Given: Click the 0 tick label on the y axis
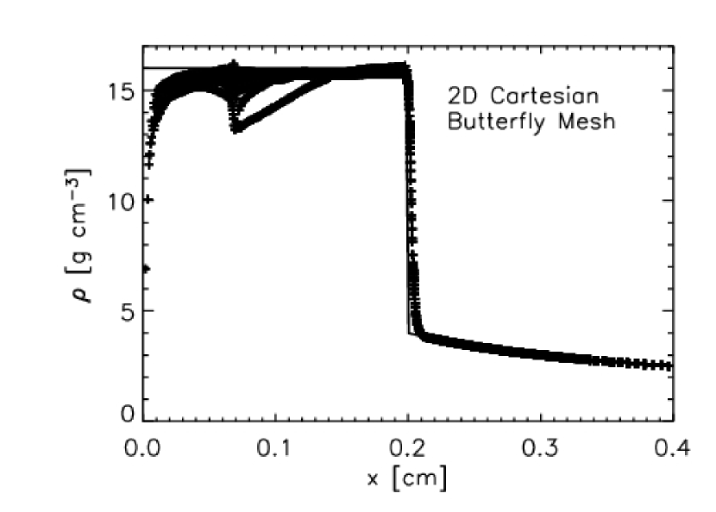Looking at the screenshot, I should coord(126,415).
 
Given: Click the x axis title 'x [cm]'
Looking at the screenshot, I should coord(406,478).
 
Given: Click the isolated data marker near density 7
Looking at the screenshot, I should coord(145,268).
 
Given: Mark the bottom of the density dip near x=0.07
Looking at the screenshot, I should coord(236,128).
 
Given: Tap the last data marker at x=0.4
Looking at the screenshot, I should coord(667,366).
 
